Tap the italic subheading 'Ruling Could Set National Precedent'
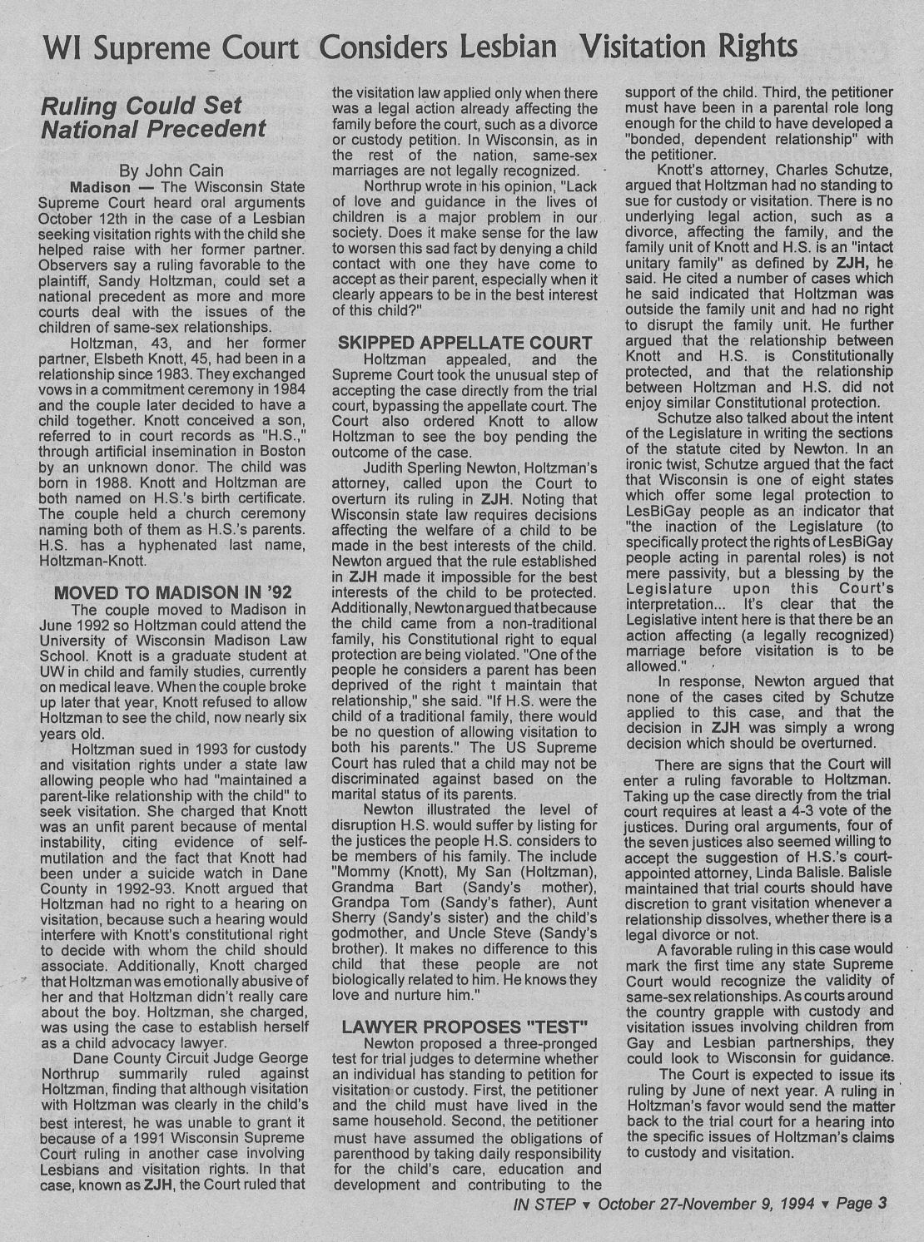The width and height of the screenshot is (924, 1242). (153, 117)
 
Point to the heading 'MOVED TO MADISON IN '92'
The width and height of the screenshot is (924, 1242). (172, 592)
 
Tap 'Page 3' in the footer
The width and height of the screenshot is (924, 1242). (864, 1203)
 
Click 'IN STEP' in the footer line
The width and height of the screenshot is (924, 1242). (544, 1203)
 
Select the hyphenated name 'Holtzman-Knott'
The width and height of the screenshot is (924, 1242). (93, 561)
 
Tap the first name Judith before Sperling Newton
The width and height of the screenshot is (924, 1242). (386, 468)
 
